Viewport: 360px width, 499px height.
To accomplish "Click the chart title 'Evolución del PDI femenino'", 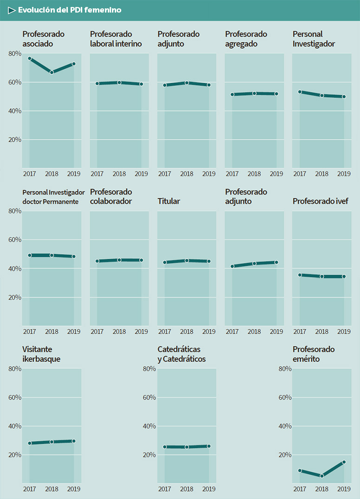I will coord(70,10).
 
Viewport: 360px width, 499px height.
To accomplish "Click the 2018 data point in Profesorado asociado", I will coord(52,72).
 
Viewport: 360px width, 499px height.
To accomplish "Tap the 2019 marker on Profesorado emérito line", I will coord(344,462).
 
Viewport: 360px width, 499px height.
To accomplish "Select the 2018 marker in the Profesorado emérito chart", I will coord(322,476).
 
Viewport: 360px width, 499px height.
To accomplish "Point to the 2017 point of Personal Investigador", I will coord(300,92).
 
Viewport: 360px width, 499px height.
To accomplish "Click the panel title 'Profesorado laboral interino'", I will coord(116,39).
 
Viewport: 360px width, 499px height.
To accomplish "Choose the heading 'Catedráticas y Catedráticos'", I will coord(181,354).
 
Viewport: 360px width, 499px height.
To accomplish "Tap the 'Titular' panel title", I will coord(169,201).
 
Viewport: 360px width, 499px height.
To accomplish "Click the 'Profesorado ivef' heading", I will coord(321,201).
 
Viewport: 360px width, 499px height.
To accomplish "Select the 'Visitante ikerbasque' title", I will coord(41,354).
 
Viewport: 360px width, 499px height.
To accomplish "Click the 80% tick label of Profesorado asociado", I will coord(15,54).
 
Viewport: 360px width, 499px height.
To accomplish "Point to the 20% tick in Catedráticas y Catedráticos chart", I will coord(150,455).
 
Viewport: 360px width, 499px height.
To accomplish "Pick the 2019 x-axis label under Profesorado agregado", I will coord(276,174).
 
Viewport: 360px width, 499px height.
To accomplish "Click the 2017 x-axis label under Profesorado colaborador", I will coord(97,331).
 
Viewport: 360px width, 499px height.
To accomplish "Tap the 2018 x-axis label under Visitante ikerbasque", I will coord(52,489).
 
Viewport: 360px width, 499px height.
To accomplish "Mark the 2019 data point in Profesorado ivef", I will coord(344,276).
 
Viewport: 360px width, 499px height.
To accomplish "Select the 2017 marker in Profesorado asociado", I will coord(30,59).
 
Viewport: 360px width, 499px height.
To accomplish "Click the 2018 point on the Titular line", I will coord(187,261).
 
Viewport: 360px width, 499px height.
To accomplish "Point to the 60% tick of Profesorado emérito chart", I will coord(285,398).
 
